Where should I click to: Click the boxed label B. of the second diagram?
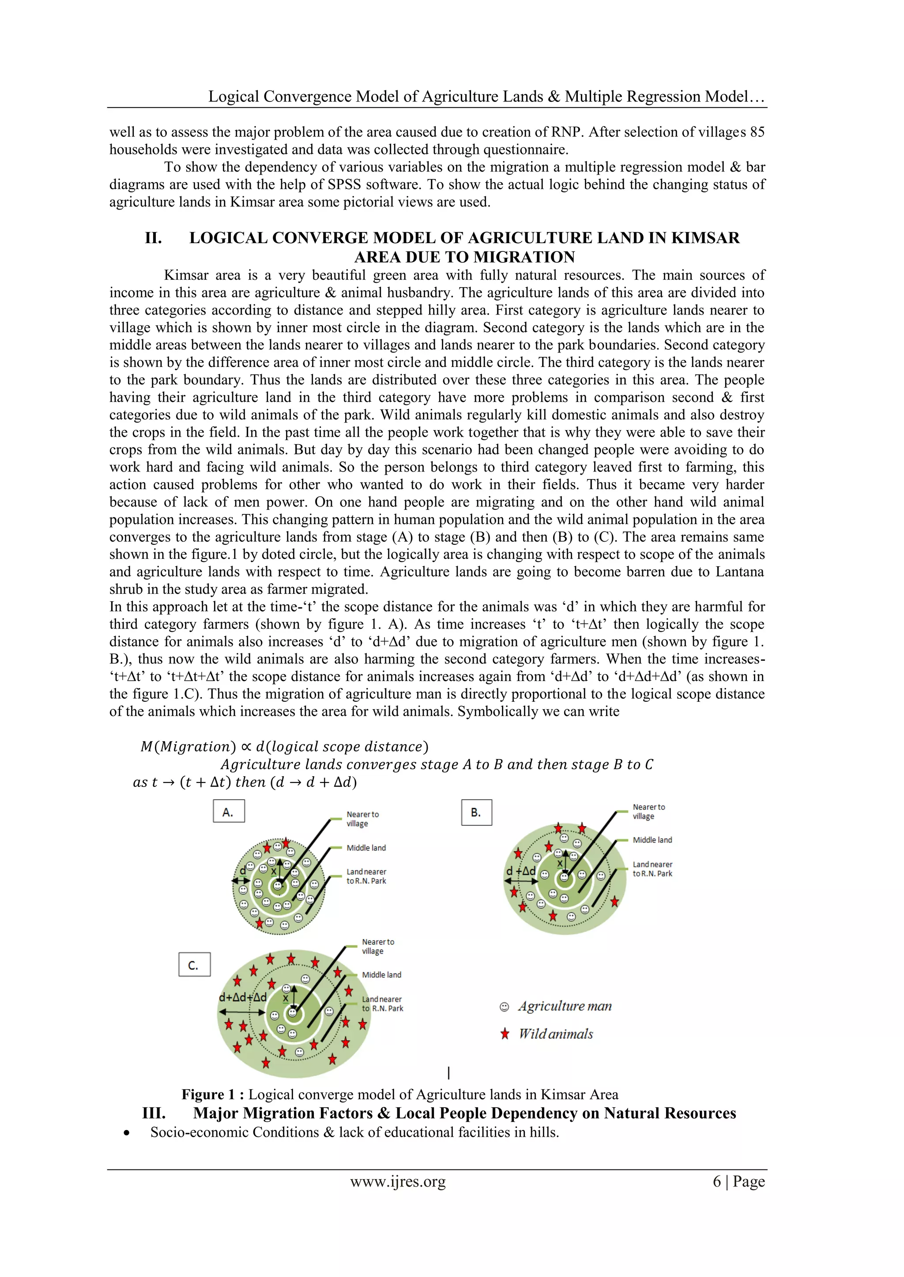coord(476,813)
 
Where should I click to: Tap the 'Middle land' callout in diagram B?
coord(652,840)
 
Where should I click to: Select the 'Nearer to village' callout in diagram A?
coord(362,819)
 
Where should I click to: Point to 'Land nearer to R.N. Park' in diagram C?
coord(382,1004)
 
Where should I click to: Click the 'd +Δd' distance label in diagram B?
coord(520,871)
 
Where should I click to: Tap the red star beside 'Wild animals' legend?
coord(505,1034)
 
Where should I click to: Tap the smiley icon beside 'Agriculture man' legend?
coord(505,1007)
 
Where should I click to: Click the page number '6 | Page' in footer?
coord(738,1181)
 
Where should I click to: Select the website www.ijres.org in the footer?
coord(397,1181)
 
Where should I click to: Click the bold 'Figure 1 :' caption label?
coord(213,1094)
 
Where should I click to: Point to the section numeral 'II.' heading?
coord(153,238)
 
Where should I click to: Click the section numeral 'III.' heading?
coord(154,1113)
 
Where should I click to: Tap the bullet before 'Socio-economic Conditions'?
coord(128,1133)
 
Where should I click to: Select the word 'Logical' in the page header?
coord(233,96)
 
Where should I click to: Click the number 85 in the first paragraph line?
coord(757,132)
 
